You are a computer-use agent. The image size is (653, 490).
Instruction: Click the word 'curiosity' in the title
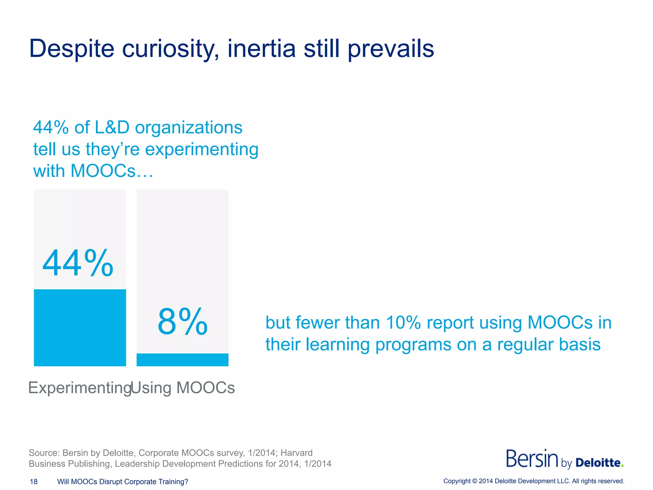[x=170, y=49]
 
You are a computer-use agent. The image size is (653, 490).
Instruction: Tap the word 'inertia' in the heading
[x=261, y=49]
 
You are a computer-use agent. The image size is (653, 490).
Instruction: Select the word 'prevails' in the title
[x=391, y=49]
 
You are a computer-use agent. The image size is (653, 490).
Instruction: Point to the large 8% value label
[x=182, y=322]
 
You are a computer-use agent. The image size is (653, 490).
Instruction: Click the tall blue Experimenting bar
[x=80, y=328]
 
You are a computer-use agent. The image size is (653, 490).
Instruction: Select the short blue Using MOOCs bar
[x=182, y=360]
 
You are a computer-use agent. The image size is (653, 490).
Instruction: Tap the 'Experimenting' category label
[x=80, y=388]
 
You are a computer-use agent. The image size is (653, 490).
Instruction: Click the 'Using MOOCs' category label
[x=183, y=388]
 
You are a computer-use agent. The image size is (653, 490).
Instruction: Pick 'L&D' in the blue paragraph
[x=112, y=127]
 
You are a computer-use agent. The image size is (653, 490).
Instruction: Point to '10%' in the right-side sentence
[x=403, y=323]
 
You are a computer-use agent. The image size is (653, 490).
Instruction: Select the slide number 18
[x=33, y=482]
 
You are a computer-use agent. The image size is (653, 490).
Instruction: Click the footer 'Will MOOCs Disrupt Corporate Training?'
[x=123, y=482]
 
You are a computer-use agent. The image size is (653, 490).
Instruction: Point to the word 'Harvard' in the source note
[x=296, y=453]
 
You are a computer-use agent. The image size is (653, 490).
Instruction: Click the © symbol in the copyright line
[x=474, y=481]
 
